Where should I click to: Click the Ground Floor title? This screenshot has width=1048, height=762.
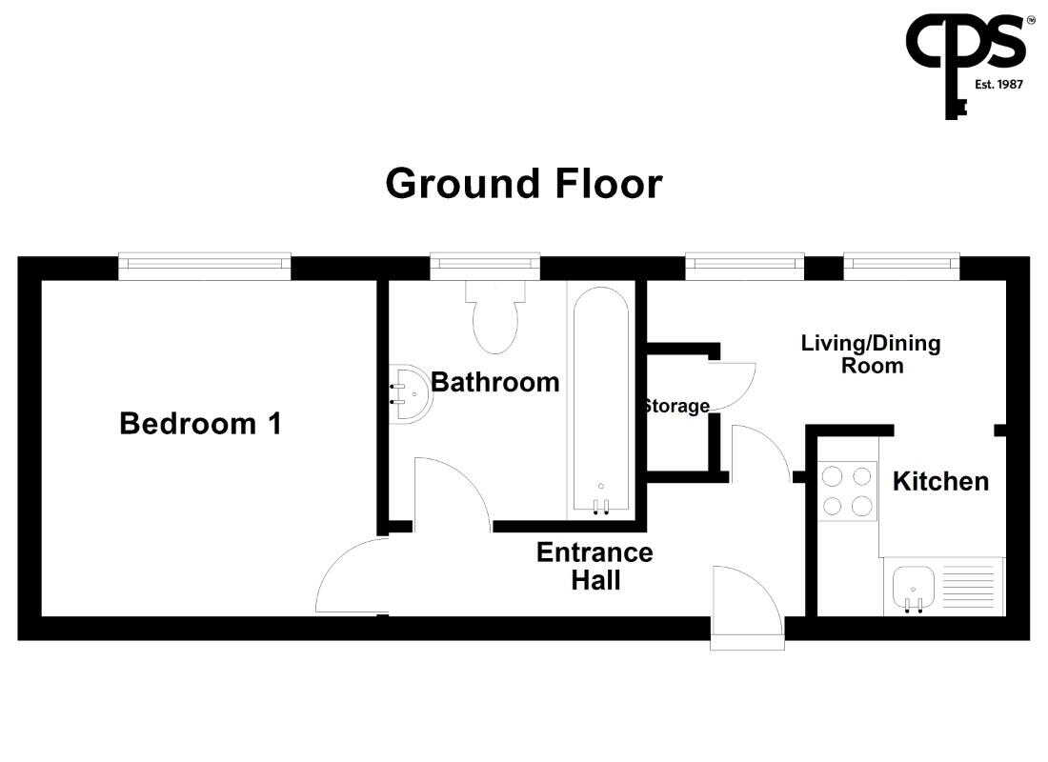click(524, 184)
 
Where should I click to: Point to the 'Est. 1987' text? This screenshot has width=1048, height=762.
click(998, 84)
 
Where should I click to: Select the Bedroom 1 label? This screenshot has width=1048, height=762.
click(200, 424)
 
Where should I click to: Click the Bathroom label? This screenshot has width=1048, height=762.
click(495, 382)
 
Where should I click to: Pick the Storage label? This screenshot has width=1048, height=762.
click(676, 406)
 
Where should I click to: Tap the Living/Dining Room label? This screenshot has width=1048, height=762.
click(871, 354)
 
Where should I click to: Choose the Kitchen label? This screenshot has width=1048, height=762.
click(940, 481)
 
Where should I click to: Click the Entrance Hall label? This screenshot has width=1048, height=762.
click(595, 566)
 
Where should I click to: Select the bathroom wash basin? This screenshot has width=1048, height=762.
click(410, 393)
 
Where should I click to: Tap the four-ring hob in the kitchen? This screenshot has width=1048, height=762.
click(847, 491)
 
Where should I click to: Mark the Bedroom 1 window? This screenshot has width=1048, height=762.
click(205, 266)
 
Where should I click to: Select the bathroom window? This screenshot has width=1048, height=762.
click(485, 266)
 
